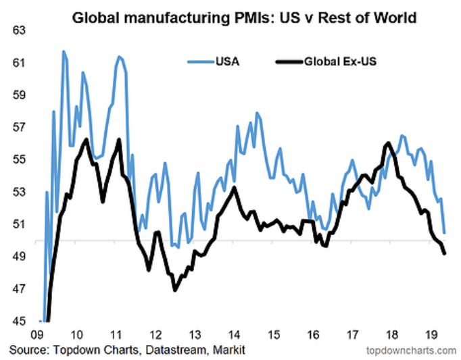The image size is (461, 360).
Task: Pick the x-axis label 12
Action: coord(155,334)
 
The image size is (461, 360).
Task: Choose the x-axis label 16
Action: coord(313,334)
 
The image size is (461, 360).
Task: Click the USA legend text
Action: coord(227,63)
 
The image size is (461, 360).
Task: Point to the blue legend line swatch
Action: coord(199,63)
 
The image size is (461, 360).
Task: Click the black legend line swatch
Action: coord(289,63)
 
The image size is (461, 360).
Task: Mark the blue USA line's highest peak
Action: coord(64,51)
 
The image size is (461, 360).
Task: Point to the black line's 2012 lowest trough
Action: coord(175,290)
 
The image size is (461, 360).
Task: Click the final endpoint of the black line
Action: coord(444,254)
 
